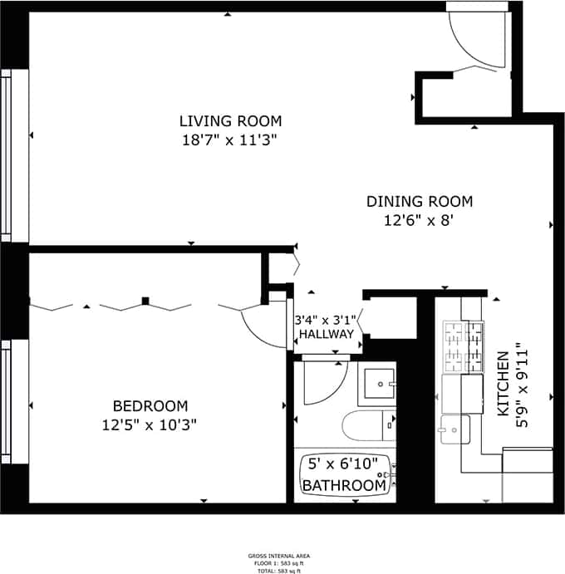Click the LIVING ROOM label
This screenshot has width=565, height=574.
tap(231, 120)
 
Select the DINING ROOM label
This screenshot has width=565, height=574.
tap(420, 201)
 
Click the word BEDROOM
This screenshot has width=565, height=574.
tap(150, 405)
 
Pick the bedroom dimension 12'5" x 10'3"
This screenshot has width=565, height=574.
tap(150, 425)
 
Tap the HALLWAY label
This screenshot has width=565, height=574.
tap(326, 334)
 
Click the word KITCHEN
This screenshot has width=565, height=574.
tap(503, 383)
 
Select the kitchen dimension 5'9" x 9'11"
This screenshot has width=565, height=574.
tap(523, 383)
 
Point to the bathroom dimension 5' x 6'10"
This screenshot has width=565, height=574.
tap(343, 463)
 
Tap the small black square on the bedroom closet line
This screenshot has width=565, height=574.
tap(145, 301)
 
